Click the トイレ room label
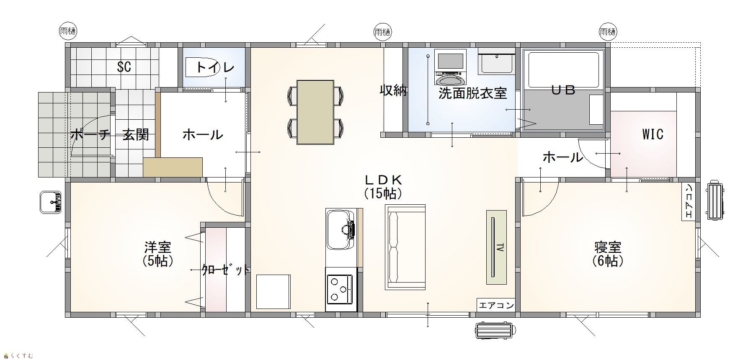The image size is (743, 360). point(215,67)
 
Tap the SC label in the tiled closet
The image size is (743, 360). point(124,67)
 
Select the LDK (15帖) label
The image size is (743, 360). point(383,187)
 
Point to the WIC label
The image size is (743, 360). point(653,134)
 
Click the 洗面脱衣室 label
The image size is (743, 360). point(472,93)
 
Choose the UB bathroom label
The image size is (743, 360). point(563,90)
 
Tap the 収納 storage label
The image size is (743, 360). point(393,90)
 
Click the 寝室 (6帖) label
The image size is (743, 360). point(607,254)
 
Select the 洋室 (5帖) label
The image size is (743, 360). point(158,254)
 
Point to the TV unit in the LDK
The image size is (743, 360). point(496,247)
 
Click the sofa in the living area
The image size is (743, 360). point(405,247)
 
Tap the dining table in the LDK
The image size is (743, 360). point(315,112)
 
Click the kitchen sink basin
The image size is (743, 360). point(339,229)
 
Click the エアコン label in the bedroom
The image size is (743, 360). point(689,201)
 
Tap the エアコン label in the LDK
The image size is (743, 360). point(496,305)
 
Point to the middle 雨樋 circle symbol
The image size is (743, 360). point(382,32)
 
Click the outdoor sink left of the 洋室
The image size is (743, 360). point(51,203)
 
